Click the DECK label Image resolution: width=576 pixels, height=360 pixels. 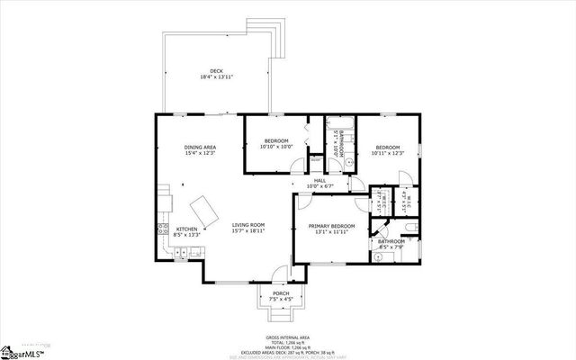216,70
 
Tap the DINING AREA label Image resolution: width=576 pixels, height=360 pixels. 200,147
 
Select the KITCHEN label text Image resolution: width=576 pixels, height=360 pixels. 186,229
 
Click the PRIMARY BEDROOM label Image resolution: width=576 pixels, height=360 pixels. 331,225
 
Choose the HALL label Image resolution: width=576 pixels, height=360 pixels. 319,180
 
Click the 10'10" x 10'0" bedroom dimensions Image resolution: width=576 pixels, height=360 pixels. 276,147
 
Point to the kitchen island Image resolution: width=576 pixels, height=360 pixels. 209,212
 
